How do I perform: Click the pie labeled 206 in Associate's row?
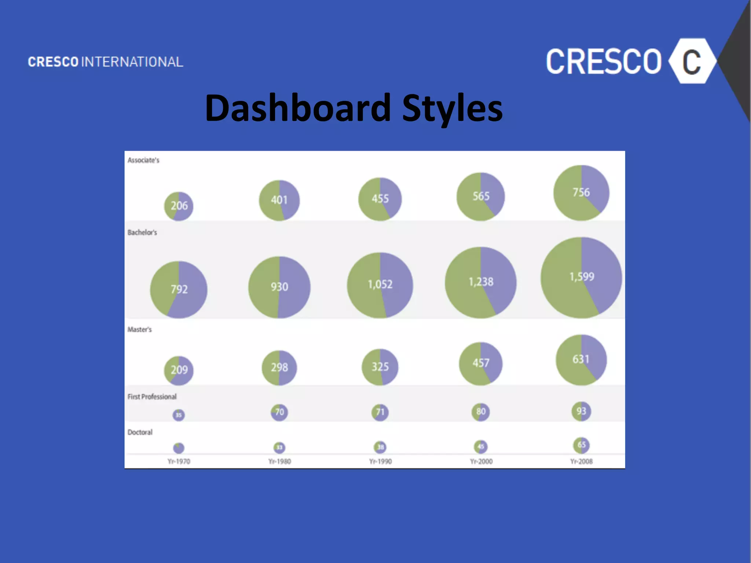179,206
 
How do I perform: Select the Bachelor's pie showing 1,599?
581,277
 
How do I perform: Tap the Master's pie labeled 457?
481,363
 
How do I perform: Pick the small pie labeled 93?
581,411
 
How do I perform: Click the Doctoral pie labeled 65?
581,445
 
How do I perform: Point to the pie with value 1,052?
380,285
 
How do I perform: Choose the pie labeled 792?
179,290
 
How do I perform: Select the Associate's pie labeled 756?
581,193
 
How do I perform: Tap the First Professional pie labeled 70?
279,412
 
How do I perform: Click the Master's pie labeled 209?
179,370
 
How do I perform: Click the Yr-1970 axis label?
179,461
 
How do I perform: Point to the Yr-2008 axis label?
581,461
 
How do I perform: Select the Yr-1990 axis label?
380,461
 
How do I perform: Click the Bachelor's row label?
142,232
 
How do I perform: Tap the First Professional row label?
152,397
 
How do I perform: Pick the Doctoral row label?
140,432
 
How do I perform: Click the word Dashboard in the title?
298,108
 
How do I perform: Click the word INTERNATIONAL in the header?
132,62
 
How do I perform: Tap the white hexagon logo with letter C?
692,61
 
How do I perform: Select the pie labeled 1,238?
481,282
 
